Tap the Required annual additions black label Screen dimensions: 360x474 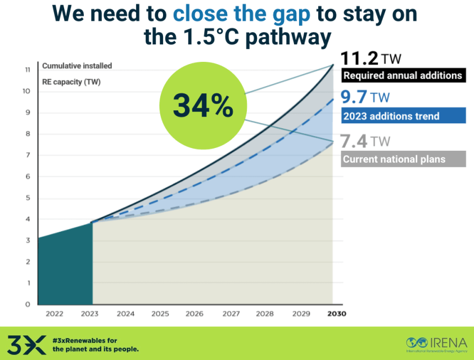pyautogui.click(x=403, y=75)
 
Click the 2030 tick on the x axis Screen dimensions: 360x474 pyautogui.click(x=337, y=314)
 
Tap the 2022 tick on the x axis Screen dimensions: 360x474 pyautogui.click(x=55, y=314)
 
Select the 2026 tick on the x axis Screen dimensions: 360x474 pyautogui.click(x=195, y=314)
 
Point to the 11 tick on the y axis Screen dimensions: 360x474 pyautogui.click(x=27, y=70)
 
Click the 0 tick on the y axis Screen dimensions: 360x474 pyautogui.click(x=27, y=304)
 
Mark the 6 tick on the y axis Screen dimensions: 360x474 pyautogui.click(x=27, y=177)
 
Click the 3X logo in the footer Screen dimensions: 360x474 pyautogui.click(x=26, y=344)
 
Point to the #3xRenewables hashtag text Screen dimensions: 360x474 pyautogui.click(x=84, y=340)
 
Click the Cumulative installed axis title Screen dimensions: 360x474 pyautogui.click(x=77, y=66)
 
